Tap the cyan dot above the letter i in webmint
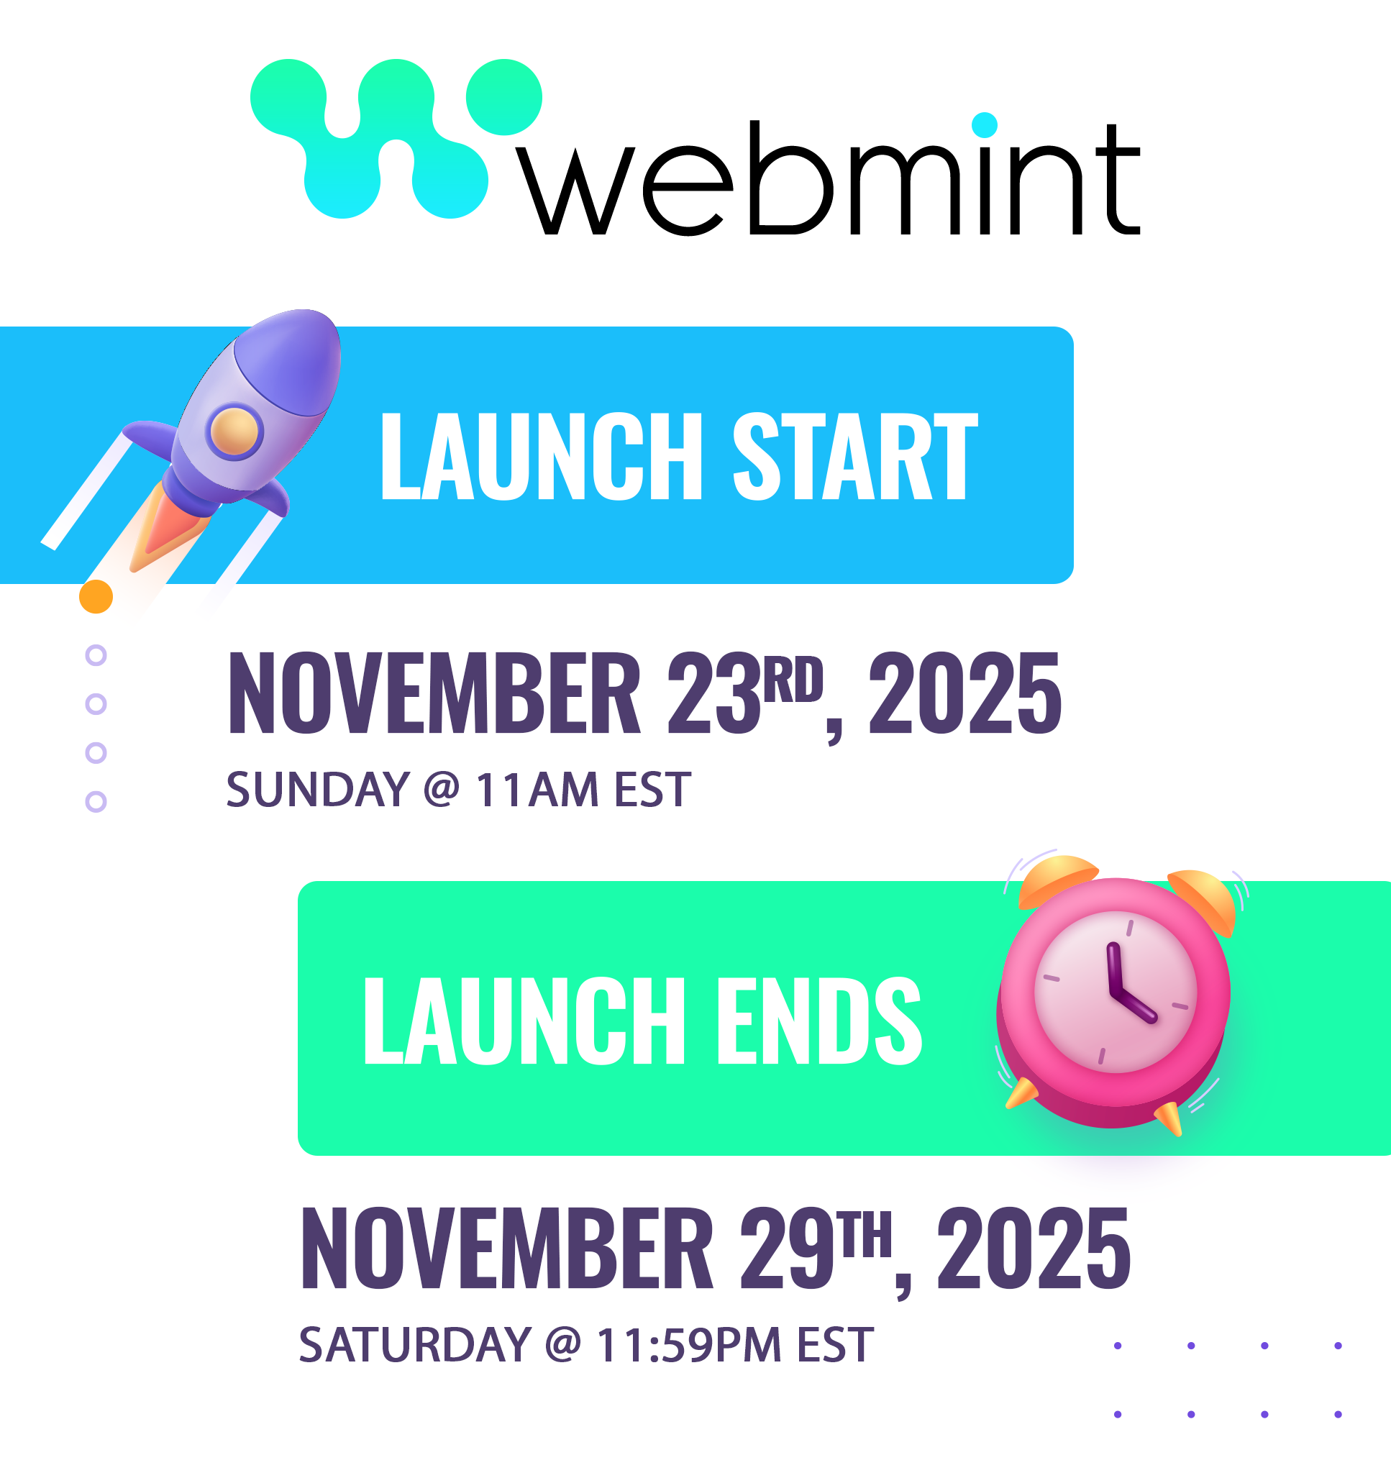coord(985,125)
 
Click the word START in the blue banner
coord(855,457)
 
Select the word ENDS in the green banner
coord(818,1021)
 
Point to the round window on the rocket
coord(235,433)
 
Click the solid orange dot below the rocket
coord(96,596)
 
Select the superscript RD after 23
coord(794,679)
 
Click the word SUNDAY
coord(318,789)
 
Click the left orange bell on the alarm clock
coord(1057,881)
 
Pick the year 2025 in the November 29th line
coord(1034,1249)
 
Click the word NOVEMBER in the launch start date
coord(434,693)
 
